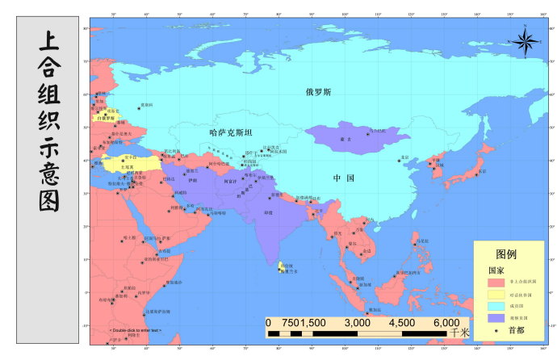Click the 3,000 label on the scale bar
pyautogui.click(x=357, y=322)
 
